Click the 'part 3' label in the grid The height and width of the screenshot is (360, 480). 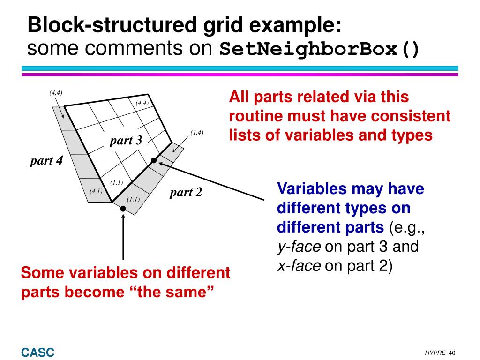tap(126, 140)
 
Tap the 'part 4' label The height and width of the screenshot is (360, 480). tap(46, 161)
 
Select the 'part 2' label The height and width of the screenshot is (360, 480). tap(186, 192)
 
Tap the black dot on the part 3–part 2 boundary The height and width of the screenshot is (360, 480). tap(154, 161)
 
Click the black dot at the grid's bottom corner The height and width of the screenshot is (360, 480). tap(123, 209)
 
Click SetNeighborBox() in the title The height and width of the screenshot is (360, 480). tap(320, 49)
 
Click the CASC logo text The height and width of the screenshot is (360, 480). tap(37, 352)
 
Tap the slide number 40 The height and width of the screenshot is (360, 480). tap(452, 353)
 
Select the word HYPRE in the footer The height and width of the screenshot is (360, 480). tap(435, 353)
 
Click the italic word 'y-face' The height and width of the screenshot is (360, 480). tap(299, 247)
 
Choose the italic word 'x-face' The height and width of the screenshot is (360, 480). tap(299, 266)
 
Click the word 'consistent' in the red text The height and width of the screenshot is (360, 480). tap(405, 116)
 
